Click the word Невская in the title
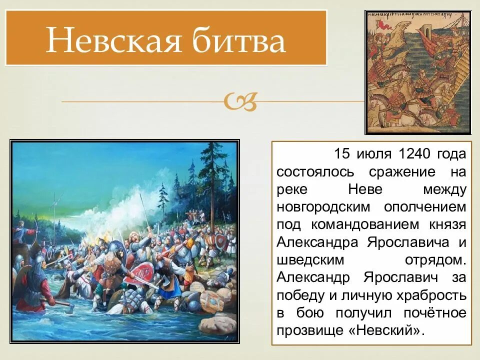pos(113,40)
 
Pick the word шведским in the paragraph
pos(305,260)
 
